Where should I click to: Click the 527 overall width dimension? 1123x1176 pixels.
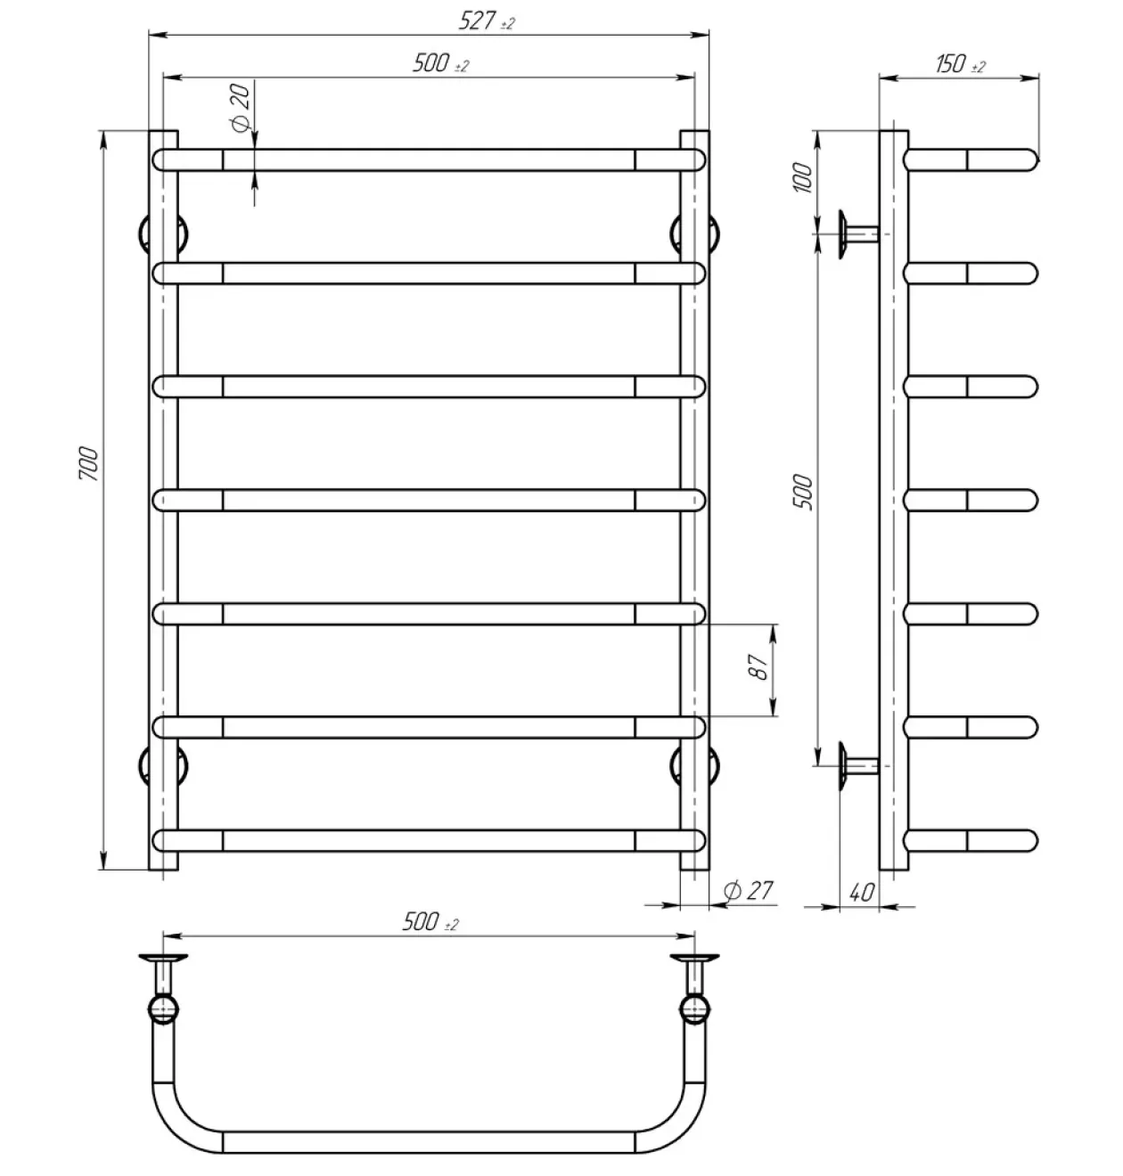click(486, 21)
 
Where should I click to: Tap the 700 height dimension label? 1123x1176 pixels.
click(88, 463)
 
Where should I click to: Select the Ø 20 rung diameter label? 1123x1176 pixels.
click(240, 108)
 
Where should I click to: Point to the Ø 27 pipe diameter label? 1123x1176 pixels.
click(749, 891)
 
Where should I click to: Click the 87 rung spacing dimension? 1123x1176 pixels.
click(758, 666)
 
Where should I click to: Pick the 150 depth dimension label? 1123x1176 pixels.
click(960, 64)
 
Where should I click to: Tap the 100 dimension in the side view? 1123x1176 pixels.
click(803, 177)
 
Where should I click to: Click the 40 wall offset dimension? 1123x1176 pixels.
click(861, 893)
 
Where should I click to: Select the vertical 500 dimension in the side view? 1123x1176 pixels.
click(803, 492)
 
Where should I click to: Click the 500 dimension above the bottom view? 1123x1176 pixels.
click(430, 922)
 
